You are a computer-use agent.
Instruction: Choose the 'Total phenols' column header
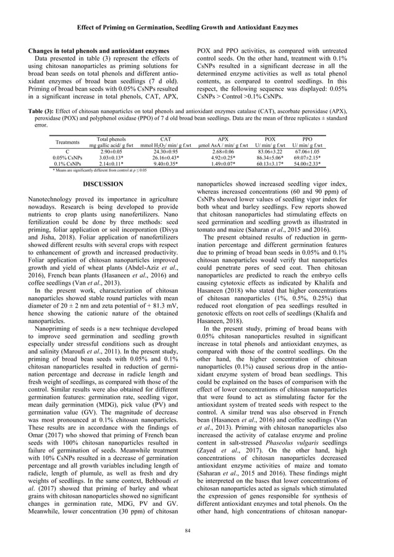pyautogui.click(x=111, y=140)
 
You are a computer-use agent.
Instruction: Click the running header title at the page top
pyautogui.click(x=197, y=27)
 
